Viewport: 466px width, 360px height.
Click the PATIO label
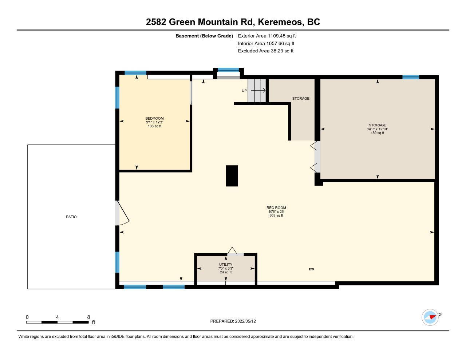(71, 217)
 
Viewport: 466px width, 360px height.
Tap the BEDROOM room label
(154, 118)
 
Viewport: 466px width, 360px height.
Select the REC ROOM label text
(276, 207)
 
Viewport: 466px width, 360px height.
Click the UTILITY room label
(226, 264)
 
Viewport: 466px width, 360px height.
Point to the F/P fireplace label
(311, 269)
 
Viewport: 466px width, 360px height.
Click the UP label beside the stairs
(244, 91)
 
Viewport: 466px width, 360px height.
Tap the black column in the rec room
(232, 176)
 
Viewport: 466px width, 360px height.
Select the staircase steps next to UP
(257, 91)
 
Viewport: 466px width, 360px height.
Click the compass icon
(430, 317)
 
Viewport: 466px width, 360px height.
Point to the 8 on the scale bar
(88, 317)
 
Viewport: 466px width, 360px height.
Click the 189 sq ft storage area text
(378, 133)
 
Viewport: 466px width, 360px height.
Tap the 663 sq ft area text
(276, 215)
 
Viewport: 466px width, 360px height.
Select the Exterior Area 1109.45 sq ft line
(267, 36)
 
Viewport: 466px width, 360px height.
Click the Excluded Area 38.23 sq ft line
(266, 51)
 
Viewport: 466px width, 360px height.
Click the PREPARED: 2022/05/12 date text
(233, 321)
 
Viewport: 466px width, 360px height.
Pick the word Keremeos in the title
(281, 22)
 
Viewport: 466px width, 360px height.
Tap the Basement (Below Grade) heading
(204, 36)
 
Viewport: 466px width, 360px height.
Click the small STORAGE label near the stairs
(301, 98)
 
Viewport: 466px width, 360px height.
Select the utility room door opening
(235, 254)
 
